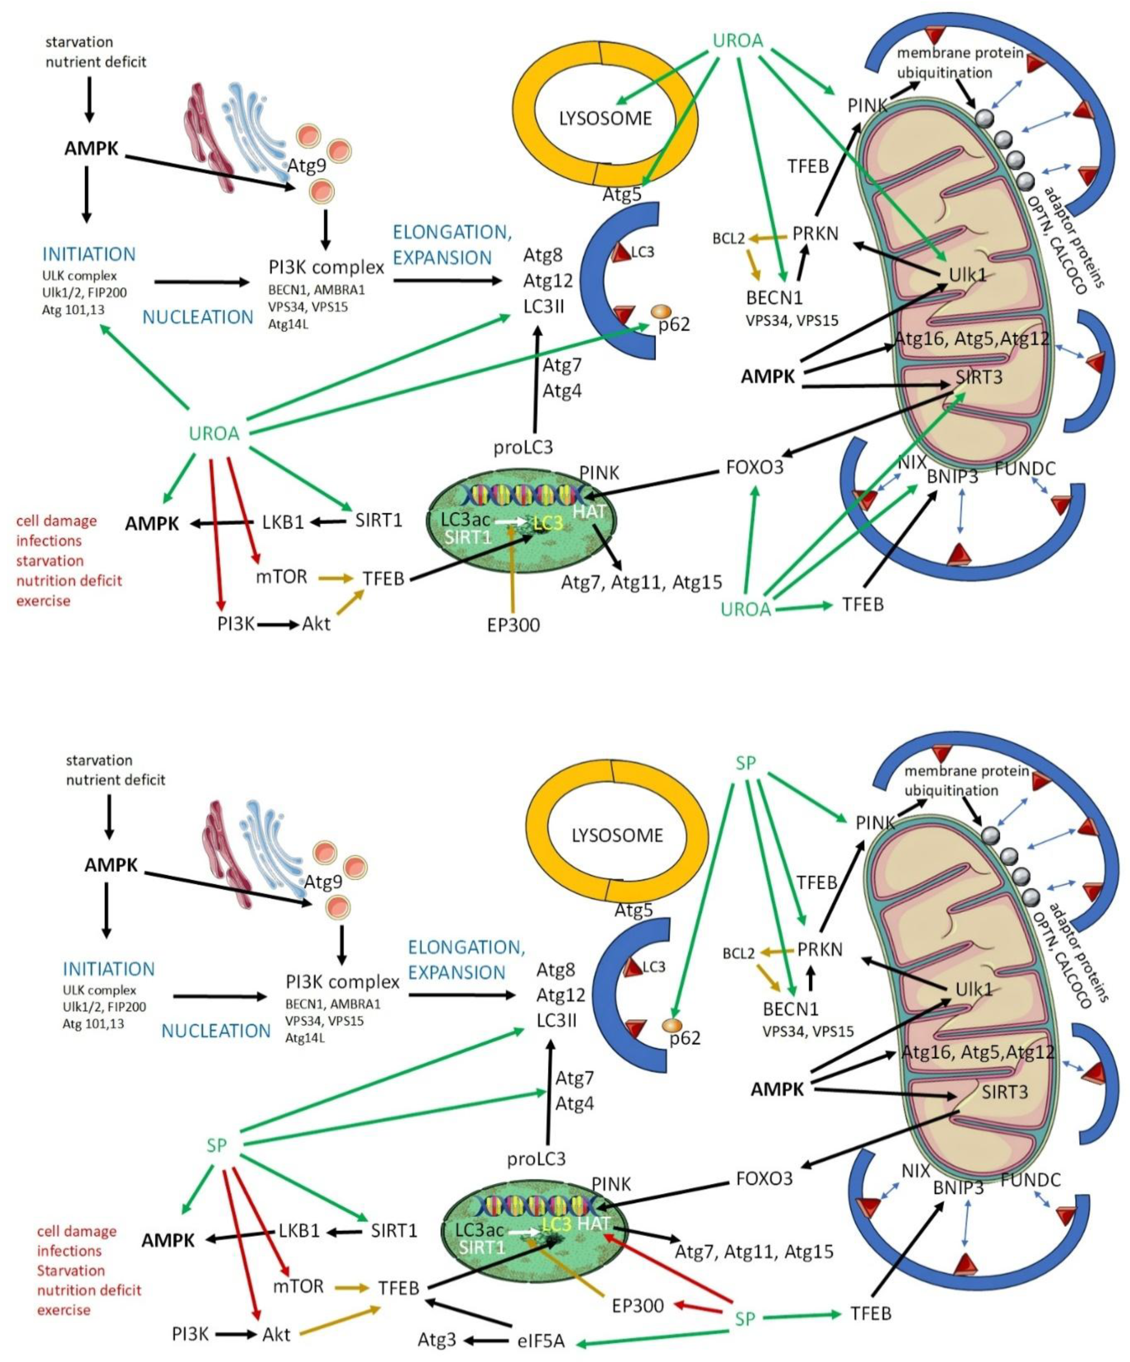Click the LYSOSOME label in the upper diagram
pos(605,119)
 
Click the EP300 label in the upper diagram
pos(513,625)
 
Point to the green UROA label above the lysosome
pos(737,41)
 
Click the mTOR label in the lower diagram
pos(298,1286)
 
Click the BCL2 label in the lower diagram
pos(739,954)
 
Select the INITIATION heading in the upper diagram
pos(89,254)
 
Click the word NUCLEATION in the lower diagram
pos(216,1031)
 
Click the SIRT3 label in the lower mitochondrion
pos(1004,1093)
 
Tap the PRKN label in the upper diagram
pos(815,234)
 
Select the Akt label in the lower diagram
pos(276,1335)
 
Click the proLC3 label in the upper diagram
pos(523,448)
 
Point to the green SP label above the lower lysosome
pos(746,763)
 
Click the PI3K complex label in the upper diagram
pos(326,267)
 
